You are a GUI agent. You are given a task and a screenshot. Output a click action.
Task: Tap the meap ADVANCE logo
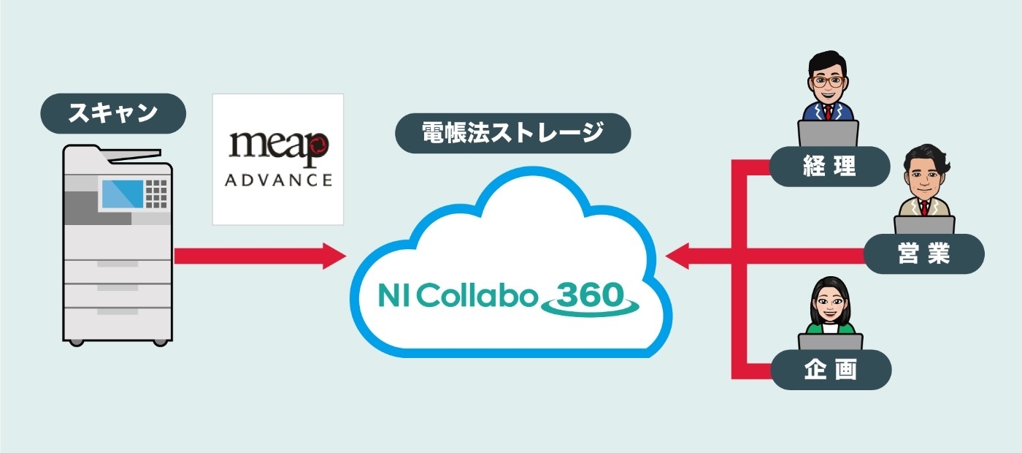click(x=277, y=159)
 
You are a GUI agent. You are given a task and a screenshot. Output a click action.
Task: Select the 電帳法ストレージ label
click(x=512, y=133)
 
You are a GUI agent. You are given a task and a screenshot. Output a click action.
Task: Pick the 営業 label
click(x=923, y=254)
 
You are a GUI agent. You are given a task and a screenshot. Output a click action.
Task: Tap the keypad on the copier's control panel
click(x=156, y=192)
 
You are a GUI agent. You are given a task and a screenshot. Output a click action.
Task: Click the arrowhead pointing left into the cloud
click(x=679, y=256)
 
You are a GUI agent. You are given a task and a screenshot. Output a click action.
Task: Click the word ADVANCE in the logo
click(x=277, y=179)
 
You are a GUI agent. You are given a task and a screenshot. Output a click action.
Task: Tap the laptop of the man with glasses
click(x=829, y=134)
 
